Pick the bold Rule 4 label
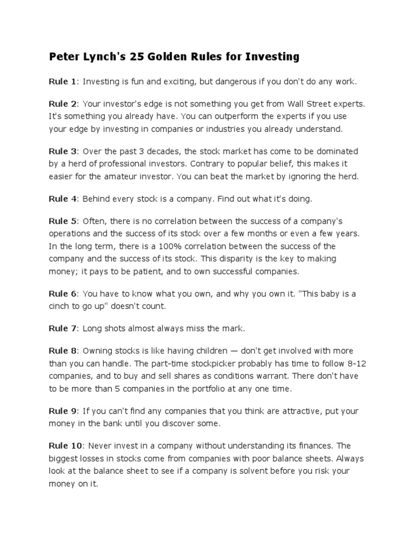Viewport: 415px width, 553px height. (62, 199)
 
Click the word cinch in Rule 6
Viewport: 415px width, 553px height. (60, 306)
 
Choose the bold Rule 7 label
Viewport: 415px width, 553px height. (62, 328)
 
